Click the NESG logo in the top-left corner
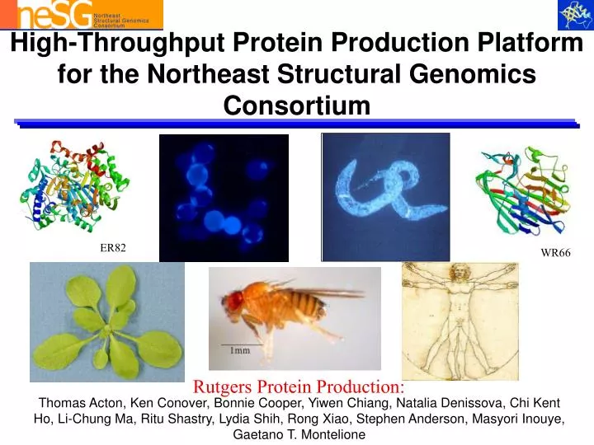tap(81, 14)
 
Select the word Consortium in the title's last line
tap(297, 105)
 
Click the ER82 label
tap(113, 248)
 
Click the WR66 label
tap(555, 253)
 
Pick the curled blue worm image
tap(385, 196)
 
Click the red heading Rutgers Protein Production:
tap(299, 386)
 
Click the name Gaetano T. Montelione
tap(299, 434)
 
